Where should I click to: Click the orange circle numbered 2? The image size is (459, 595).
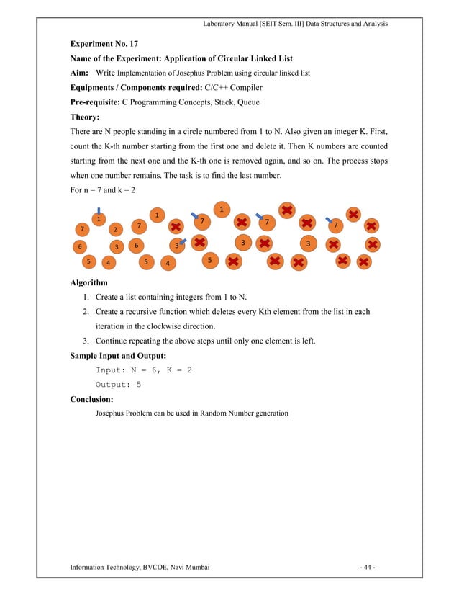pyautogui.click(x=115, y=230)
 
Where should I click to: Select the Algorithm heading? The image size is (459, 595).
pyautogui.click(x=93, y=283)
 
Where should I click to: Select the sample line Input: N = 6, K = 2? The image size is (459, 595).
pyautogui.click(x=144, y=370)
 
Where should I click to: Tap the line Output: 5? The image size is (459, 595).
pyautogui.click(x=118, y=384)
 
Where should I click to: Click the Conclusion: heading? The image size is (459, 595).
pyautogui.click(x=96, y=398)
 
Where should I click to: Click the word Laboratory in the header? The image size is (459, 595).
pyautogui.click(x=222, y=24)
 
